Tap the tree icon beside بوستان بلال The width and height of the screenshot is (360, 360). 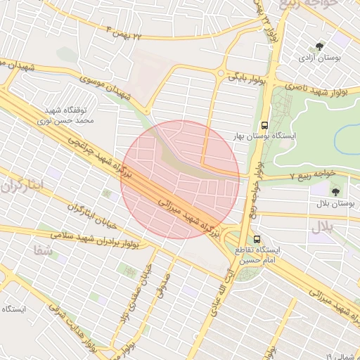[334, 191]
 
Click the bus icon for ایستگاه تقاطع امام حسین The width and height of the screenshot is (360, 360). [257, 239]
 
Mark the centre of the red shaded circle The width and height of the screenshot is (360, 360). [180, 180]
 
